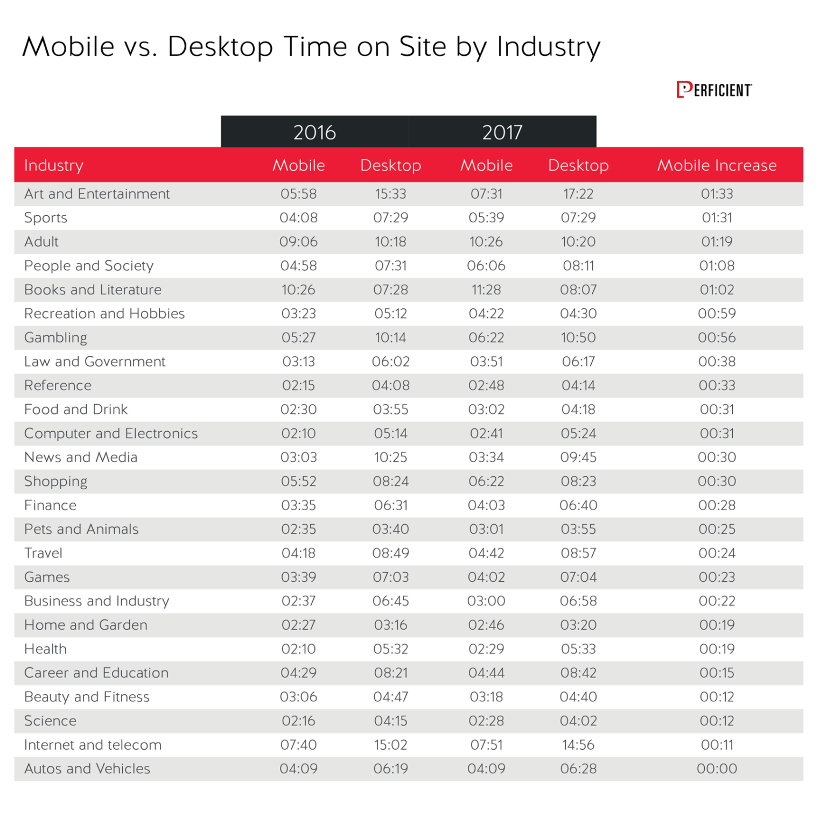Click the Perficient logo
[714, 90]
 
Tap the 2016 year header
[314, 132]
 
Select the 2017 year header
[502, 132]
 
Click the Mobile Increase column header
[717, 165]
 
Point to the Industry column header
[54, 165]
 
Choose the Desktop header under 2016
[390, 165]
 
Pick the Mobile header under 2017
[486, 165]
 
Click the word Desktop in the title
[220, 47]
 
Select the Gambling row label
[55, 337]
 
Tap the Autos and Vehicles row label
[87, 768]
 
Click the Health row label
[46, 649]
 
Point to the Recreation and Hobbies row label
[104, 314]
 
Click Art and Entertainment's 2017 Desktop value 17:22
[578, 194]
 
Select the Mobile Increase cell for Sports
[717, 218]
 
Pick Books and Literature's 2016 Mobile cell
[298, 290]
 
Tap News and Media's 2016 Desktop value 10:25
[390, 457]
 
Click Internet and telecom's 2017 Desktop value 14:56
[578, 745]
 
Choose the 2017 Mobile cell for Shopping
[486, 481]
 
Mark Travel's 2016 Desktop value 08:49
[390, 553]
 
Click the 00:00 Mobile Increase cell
[717, 768]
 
